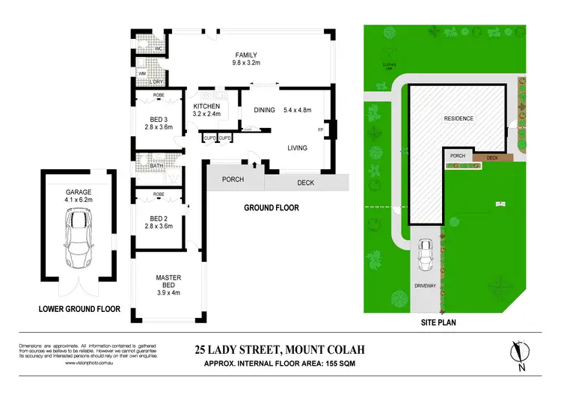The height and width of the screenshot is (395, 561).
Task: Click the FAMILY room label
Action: pyautogui.click(x=247, y=55)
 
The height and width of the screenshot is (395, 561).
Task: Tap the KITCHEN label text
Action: pyautogui.click(x=206, y=106)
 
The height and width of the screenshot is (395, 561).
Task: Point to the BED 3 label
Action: pyautogui.click(x=158, y=118)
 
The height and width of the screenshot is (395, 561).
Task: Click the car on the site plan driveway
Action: pyautogui.click(x=426, y=257)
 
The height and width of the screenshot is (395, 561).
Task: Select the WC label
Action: pyautogui.click(x=158, y=49)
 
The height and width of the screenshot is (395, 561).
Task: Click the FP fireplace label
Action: pyautogui.click(x=320, y=130)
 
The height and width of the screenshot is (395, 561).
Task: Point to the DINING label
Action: pyautogui.click(x=265, y=111)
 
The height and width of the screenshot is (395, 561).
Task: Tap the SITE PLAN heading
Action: pyautogui.click(x=438, y=323)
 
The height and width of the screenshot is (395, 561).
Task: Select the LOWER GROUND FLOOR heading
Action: pyautogui.click(x=80, y=308)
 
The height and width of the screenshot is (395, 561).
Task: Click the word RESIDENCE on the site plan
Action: pyautogui.click(x=459, y=119)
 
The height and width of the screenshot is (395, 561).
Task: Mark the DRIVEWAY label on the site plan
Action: pyautogui.click(x=426, y=286)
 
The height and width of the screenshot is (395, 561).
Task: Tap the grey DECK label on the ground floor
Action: pyautogui.click(x=306, y=182)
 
